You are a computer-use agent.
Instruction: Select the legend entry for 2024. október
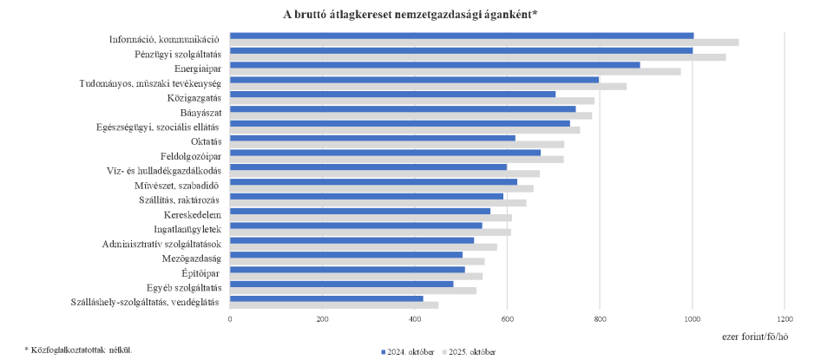click(408, 352)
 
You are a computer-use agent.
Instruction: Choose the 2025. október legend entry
click(469, 352)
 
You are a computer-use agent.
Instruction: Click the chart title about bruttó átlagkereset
click(410, 14)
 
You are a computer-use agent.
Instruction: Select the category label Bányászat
click(200, 112)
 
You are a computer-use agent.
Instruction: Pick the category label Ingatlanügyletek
click(188, 229)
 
